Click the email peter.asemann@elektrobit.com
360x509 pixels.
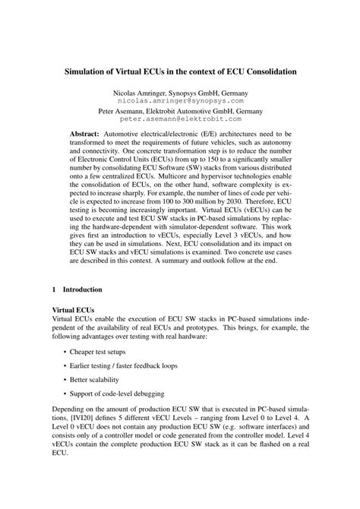point(180,119)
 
